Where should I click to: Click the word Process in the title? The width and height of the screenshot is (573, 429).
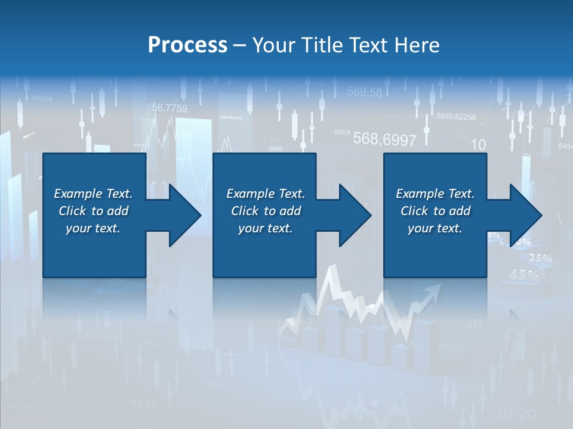(x=187, y=45)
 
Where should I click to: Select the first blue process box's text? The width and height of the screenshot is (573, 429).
(x=93, y=211)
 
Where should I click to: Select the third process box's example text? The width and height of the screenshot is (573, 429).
(x=435, y=211)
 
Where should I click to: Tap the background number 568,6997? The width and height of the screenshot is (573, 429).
(x=384, y=139)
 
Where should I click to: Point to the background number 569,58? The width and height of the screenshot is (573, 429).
(x=364, y=92)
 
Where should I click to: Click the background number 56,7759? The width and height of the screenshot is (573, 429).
(x=170, y=108)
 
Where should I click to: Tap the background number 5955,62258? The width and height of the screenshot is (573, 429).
(x=456, y=117)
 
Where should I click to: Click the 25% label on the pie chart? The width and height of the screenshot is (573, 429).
(x=540, y=259)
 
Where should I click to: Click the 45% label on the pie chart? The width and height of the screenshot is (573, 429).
(x=525, y=275)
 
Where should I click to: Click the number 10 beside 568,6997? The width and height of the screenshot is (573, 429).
(x=478, y=145)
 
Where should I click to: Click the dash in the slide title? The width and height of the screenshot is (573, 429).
(x=240, y=45)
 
